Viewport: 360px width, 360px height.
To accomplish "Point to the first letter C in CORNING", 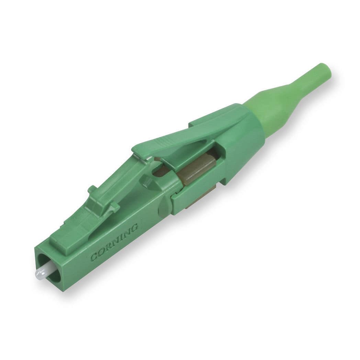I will [93, 257].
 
